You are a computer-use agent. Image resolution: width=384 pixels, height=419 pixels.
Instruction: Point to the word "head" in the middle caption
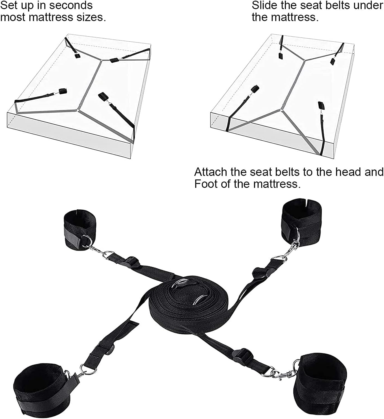(x=348, y=172)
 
